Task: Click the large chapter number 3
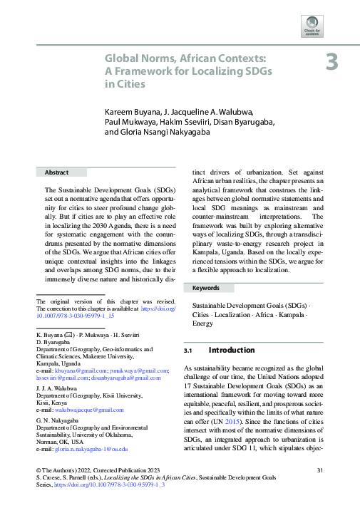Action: (332, 62)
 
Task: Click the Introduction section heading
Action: (231, 351)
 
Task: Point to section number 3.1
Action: (190, 351)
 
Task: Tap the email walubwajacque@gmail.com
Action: (91, 410)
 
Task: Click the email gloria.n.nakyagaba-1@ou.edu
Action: (93, 450)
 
